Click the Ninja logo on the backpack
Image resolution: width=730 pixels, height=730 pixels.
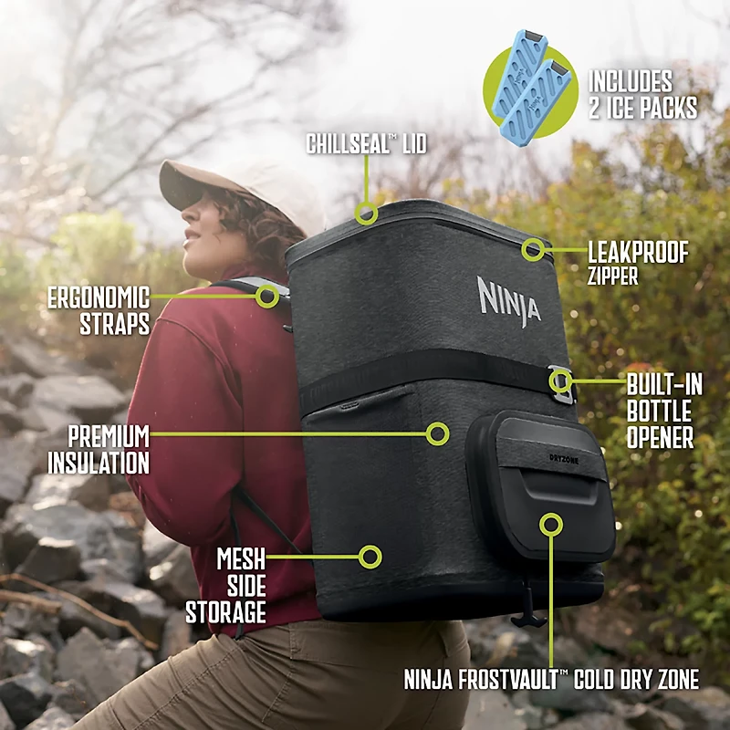[x=509, y=300]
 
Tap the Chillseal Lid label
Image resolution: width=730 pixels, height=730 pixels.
[x=366, y=144]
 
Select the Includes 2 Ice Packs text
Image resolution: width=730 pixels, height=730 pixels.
[x=642, y=94]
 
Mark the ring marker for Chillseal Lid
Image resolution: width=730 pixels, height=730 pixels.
[x=367, y=214]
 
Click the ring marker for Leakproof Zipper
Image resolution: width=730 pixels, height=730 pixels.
[x=533, y=248]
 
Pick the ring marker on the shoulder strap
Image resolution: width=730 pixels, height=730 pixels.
[x=267, y=295]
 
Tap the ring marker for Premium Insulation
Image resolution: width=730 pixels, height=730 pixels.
[x=438, y=433]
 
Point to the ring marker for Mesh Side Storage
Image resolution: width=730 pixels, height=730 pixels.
[x=370, y=556]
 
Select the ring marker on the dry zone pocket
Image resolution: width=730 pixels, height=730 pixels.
[x=550, y=524]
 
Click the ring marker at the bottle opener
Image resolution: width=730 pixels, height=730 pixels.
[x=561, y=381]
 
